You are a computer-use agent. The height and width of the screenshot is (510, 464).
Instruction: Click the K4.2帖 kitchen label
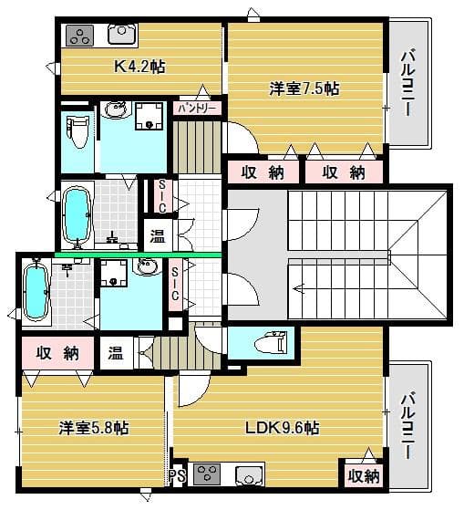tap(139, 67)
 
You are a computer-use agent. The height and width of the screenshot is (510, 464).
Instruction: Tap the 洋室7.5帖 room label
tap(304, 88)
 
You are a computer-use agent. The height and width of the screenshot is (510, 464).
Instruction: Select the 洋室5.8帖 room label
tap(93, 427)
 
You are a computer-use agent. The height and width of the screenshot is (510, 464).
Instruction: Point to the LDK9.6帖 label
tap(280, 427)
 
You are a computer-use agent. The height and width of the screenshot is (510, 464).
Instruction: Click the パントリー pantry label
tap(198, 108)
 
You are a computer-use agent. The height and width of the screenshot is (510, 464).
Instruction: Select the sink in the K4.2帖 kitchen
tap(121, 36)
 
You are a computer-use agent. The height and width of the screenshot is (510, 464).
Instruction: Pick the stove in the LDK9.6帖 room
tap(207, 474)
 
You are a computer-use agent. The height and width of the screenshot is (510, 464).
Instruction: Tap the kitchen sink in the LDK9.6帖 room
tap(248, 474)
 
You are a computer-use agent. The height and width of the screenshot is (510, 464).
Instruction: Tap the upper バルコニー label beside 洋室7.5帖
tap(407, 82)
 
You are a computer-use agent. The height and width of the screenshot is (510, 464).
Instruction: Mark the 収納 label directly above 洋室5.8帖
tap(57, 352)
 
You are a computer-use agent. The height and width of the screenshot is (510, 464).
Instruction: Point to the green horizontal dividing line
tap(137, 255)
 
